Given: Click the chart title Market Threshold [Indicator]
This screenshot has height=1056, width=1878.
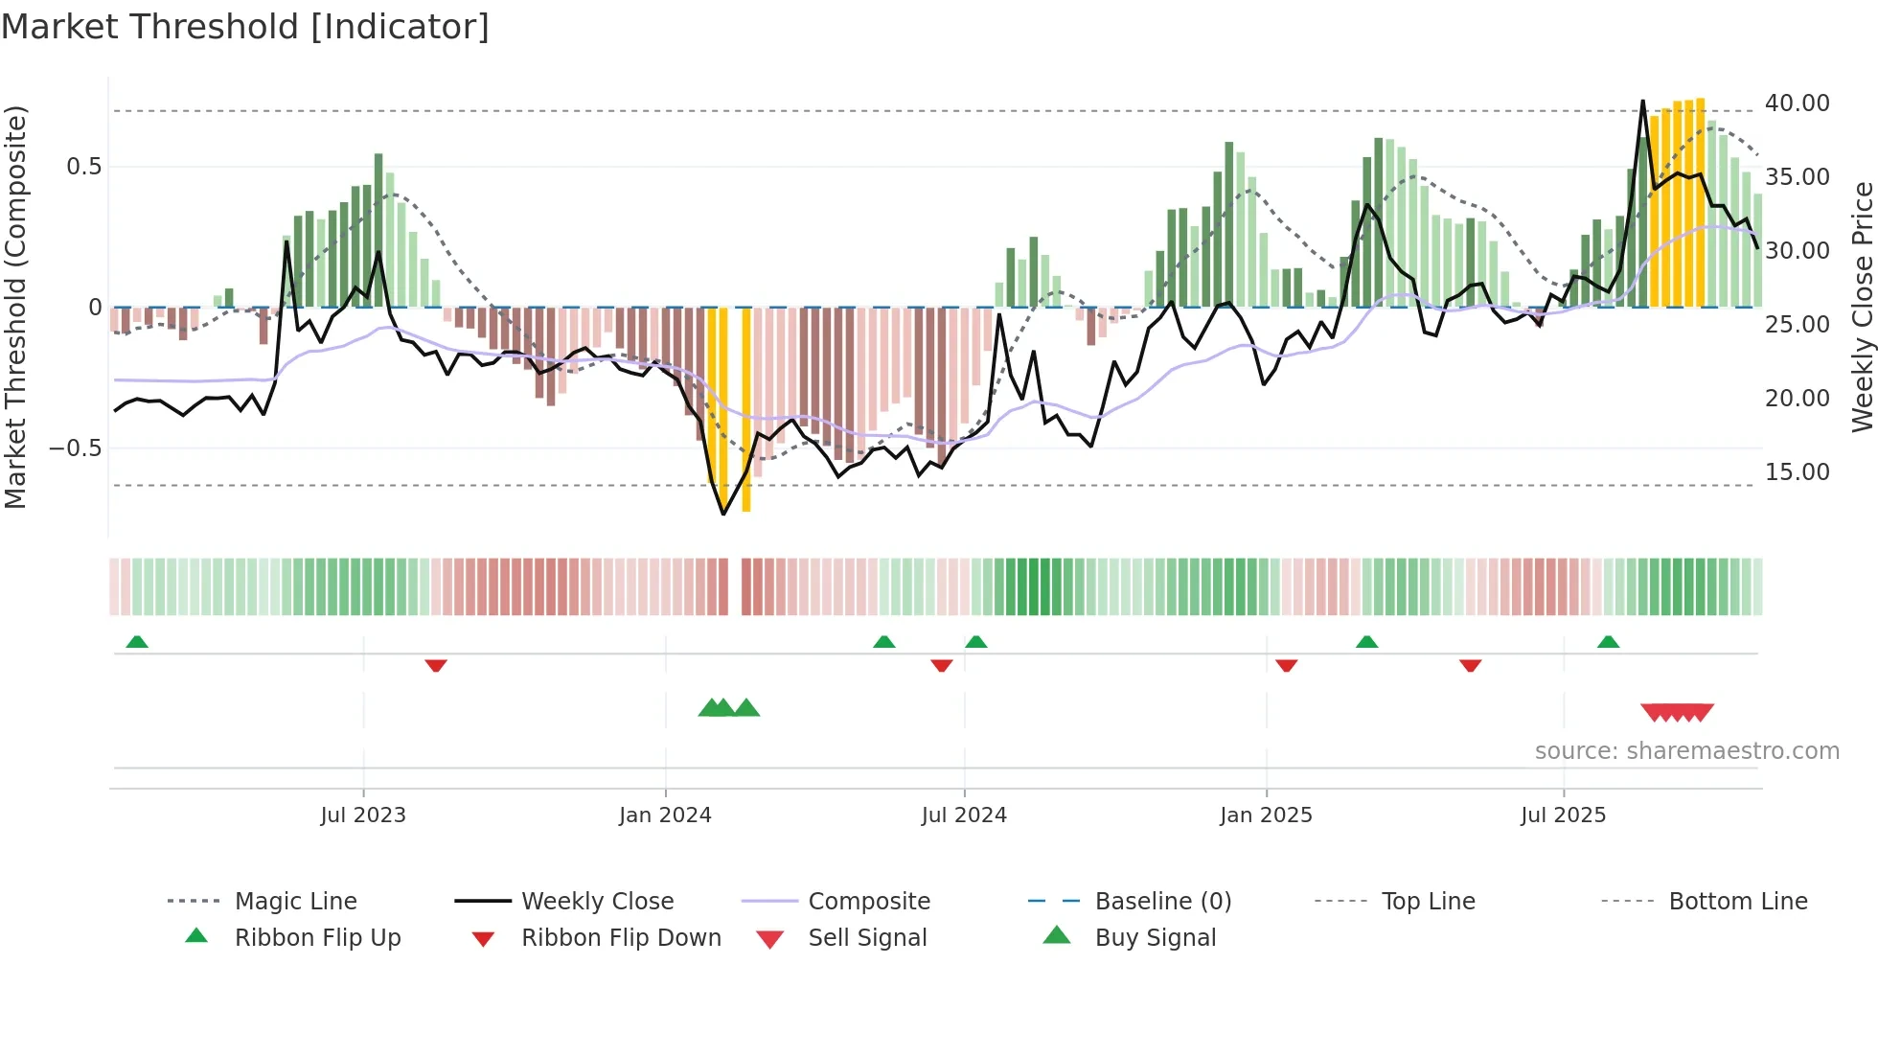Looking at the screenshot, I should (245, 27).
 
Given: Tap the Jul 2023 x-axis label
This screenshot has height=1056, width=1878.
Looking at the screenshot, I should (363, 815).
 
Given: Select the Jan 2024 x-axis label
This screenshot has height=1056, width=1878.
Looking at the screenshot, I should (665, 815).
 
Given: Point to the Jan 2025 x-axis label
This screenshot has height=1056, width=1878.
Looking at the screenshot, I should (1266, 815).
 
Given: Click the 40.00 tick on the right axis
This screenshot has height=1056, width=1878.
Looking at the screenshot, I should (1797, 103).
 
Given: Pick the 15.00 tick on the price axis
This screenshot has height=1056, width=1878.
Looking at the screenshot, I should (1797, 472).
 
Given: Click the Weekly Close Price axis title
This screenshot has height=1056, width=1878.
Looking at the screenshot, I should (1862, 307).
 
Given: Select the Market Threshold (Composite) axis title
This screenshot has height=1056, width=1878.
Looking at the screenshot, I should (16, 307).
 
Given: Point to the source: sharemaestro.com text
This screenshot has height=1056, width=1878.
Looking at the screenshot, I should (1686, 751).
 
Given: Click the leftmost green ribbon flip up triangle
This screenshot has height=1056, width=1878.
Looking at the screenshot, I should (137, 642).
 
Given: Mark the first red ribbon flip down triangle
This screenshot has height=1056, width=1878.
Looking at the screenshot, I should (436, 665).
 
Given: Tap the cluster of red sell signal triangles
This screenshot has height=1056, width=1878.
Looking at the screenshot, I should (1677, 712).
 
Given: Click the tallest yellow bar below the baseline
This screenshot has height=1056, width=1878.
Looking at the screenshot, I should (746, 410).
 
